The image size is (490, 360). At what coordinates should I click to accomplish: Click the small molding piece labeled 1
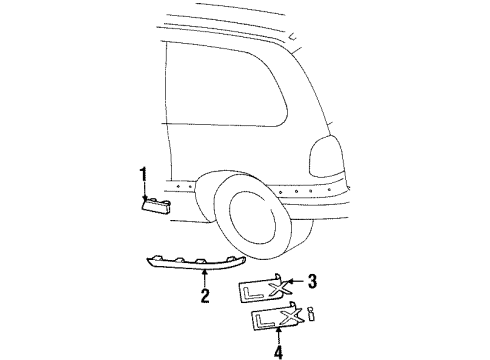point(158,205)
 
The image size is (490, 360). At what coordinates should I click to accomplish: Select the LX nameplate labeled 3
point(265,290)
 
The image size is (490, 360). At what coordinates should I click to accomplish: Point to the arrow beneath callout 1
point(144,192)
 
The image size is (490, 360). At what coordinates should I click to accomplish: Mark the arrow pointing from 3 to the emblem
point(296,282)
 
